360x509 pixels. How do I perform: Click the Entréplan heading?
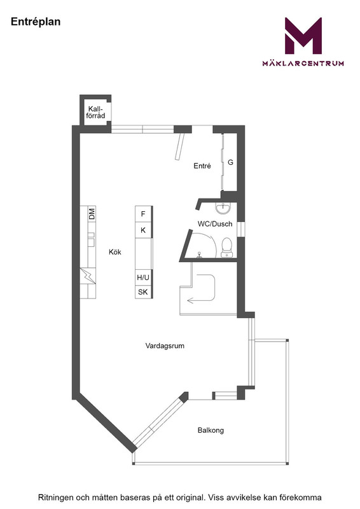coord(36,22)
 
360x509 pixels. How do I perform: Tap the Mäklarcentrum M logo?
coord(303,36)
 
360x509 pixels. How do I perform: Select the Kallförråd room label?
coord(95,113)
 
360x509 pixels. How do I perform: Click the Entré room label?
coord(202,166)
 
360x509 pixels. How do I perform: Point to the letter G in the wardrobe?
coord(230,162)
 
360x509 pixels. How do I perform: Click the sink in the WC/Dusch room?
coord(224,209)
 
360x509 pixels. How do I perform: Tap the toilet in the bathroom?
coord(226,248)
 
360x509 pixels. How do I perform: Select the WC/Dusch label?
coord(215,224)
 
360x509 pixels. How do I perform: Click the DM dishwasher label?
coord(92,214)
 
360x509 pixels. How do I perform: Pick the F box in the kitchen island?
coord(144,214)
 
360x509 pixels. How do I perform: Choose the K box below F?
coord(144,230)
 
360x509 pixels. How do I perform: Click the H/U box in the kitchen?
coord(143,277)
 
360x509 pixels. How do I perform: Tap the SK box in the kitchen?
coord(143,292)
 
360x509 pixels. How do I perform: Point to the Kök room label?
coord(115,252)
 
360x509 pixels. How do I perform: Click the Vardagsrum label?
coord(165,346)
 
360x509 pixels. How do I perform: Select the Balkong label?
coord(211,431)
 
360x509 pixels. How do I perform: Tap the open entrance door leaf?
coord(179,146)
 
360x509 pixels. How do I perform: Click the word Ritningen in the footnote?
coord(56,498)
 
